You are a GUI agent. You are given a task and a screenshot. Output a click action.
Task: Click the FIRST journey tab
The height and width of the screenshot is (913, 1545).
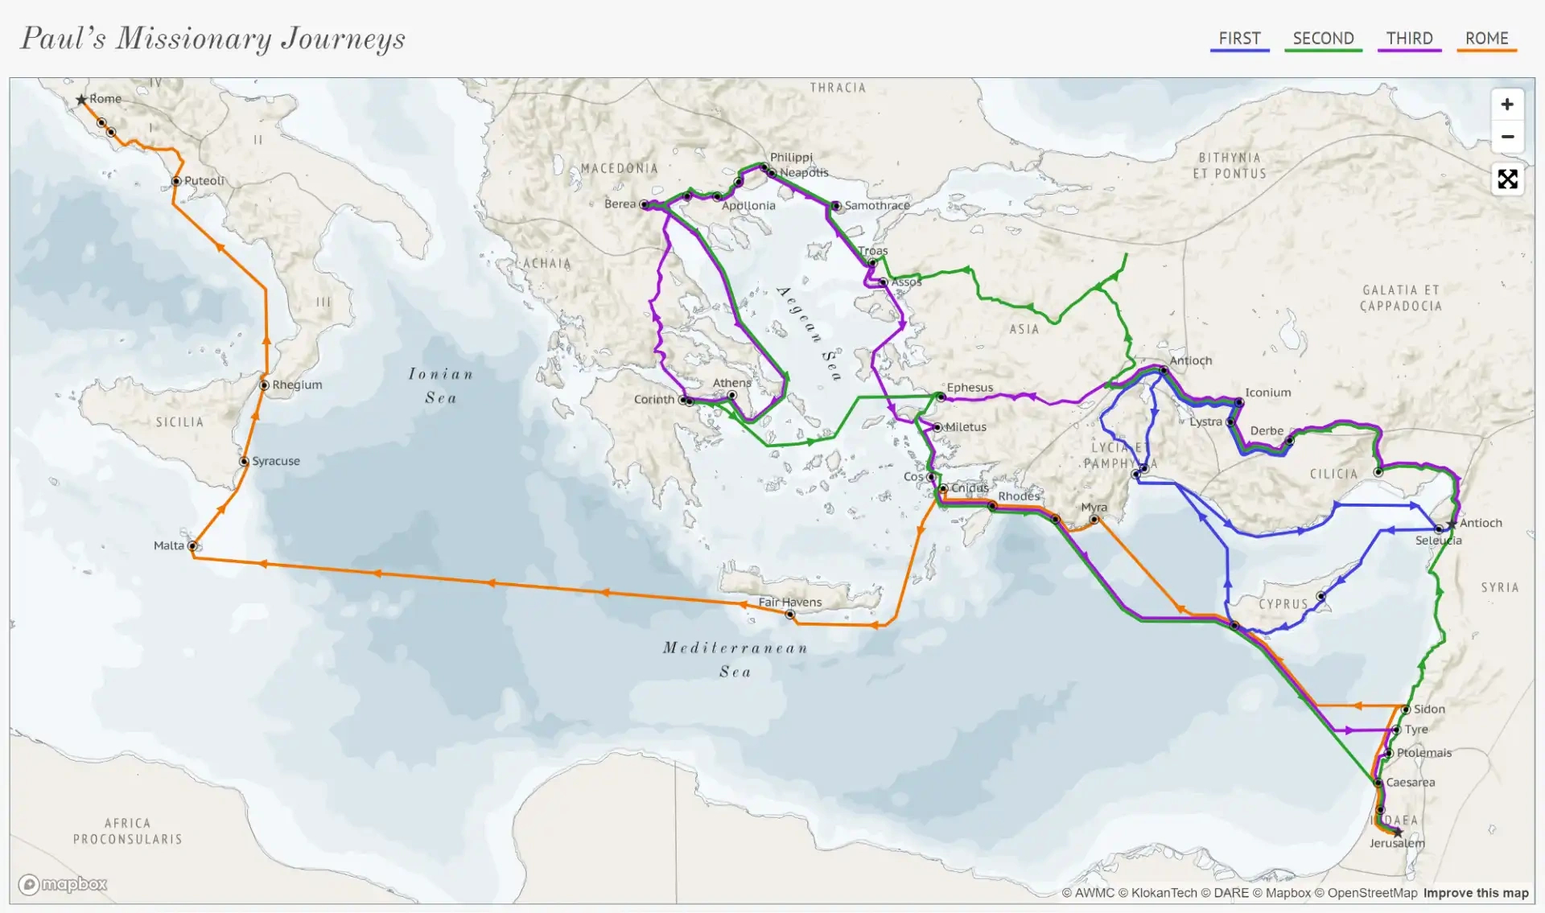pyautogui.click(x=1239, y=39)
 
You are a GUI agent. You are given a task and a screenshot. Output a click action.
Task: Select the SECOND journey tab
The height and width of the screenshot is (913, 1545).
pyautogui.click(x=1323, y=39)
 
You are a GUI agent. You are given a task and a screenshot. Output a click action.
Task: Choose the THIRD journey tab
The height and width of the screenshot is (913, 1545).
pyautogui.click(x=1409, y=39)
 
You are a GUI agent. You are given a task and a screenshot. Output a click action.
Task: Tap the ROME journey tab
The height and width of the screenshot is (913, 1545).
pyautogui.click(x=1486, y=39)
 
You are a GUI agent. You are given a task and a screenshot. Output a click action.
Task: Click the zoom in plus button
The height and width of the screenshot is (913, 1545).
pyautogui.click(x=1507, y=105)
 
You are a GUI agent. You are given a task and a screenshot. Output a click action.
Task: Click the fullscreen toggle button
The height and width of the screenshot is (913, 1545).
pyautogui.click(x=1507, y=179)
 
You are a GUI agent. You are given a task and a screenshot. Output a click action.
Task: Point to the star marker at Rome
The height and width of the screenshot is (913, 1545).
pyautogui.click(x=81, y=100)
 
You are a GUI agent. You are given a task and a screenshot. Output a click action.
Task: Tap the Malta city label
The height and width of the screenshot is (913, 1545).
pyautogui.click(x=169, y=545)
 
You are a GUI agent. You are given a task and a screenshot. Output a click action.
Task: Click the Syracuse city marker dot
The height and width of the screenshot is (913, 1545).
pyautogui.click(x=244, y=462)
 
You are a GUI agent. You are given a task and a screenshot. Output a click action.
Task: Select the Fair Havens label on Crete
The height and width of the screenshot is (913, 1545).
pyautogui.click(x=789, y=602)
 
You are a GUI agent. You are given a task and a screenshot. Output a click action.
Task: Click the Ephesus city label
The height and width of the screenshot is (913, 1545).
pyautogui.click(x=970, y=388)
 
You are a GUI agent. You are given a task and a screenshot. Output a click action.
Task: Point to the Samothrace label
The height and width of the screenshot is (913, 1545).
pyautogui.click(x=877, y=206)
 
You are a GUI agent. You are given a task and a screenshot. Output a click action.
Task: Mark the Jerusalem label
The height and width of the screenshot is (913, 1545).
pyautogui.click(x=1397, y=843)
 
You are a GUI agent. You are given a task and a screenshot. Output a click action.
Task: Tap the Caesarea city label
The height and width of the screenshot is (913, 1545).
pyautogui.click(x=1410, y=782)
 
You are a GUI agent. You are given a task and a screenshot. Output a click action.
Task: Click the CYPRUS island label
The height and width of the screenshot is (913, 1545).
pyautogui.click(x=1283, y=604)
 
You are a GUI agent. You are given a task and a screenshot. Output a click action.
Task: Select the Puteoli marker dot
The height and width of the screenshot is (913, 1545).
pyautogui.click(x=176, y=181)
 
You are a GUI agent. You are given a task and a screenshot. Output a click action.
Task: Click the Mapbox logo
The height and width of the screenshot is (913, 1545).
pyautogui.click(x=63, y=885)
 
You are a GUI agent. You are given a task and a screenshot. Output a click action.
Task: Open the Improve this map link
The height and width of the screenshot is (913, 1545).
pyautogui.click(x=1475, y=893)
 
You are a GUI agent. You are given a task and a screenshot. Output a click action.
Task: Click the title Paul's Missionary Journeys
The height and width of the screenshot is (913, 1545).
pyautogui.click(x=212, y=39)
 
